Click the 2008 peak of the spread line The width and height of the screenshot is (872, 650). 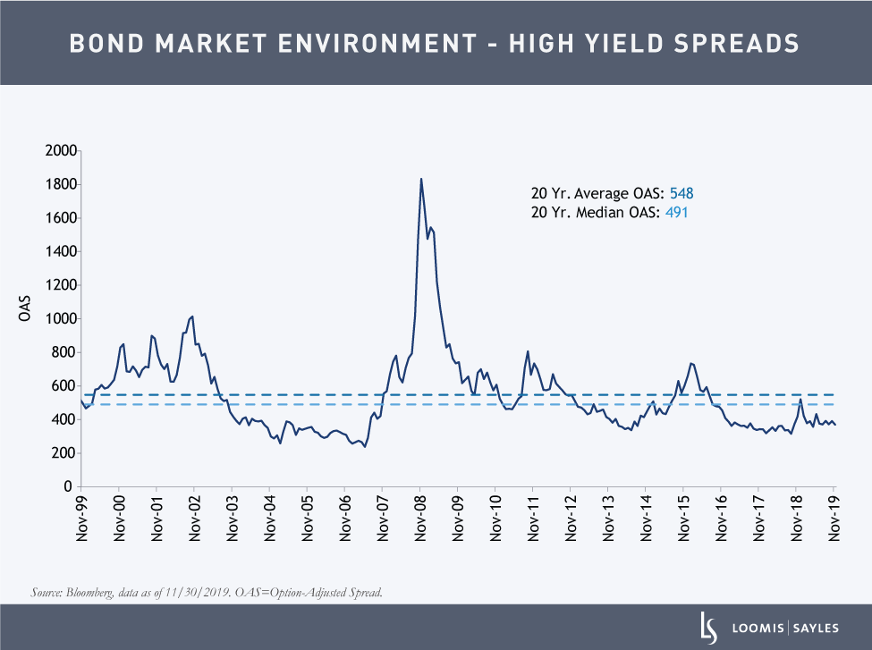coord(421,179)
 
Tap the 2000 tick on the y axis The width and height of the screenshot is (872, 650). coord(58,150)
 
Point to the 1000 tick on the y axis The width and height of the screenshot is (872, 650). coord(58,318)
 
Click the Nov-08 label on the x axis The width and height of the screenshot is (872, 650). coord(420,518)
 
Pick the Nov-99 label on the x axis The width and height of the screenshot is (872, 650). coord(81,518)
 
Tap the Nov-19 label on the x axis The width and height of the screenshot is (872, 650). coord(834,518)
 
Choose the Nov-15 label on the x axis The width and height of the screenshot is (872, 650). coord(684,518)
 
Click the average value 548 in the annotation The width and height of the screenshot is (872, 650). coord(682,193)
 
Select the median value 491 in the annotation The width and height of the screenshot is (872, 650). coord(675,212)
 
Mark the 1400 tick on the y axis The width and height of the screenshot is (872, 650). coord(58,251)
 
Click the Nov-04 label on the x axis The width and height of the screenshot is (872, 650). coord(270,518)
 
